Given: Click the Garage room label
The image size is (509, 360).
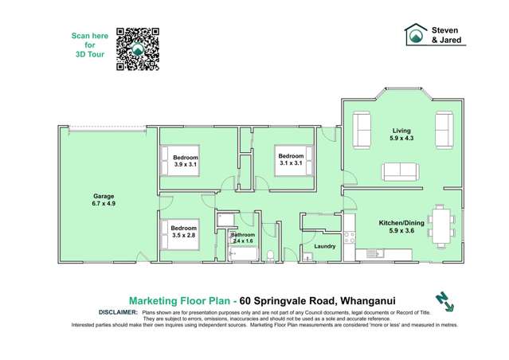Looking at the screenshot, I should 104,198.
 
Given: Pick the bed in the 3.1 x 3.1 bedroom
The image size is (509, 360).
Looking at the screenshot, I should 292,160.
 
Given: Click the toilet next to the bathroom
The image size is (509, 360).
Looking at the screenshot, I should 271,254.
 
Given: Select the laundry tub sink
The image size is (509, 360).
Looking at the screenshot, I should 307,256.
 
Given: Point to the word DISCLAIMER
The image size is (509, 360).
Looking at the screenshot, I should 117,313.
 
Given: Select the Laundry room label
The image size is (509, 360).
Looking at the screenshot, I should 324,246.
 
